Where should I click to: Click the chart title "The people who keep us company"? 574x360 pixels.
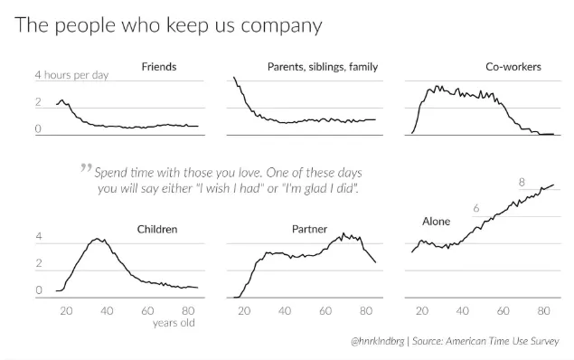pos(168,25)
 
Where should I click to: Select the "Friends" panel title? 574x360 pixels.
pos(159,67)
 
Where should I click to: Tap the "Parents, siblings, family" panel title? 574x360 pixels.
pos(323,67)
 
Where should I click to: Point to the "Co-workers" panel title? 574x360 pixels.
pos(513,67)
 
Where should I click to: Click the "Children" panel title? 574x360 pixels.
pos(157,229)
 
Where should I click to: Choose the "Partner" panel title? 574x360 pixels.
pos(309,229)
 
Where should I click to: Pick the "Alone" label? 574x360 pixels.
pos(436,222)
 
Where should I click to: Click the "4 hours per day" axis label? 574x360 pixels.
pos(71,75)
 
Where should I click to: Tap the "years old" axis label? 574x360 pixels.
pos(174,323)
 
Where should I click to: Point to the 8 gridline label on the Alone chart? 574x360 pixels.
pos(522,182)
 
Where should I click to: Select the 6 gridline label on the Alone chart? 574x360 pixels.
pos(475,208)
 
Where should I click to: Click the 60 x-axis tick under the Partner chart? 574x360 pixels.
pos(325,311)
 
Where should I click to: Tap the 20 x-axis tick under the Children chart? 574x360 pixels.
pos(66,311)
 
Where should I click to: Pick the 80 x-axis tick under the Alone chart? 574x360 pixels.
pos(543,311)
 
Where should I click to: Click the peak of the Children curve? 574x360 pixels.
pos(97,239)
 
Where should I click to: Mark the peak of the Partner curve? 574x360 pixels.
pos(343,233)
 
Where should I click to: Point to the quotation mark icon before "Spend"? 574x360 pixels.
pos(86,167)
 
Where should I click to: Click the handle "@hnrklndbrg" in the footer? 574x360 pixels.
pos(378,341)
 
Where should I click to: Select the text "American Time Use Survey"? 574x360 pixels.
pos(503,341)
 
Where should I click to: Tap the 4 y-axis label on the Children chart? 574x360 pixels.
pos(39,236)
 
